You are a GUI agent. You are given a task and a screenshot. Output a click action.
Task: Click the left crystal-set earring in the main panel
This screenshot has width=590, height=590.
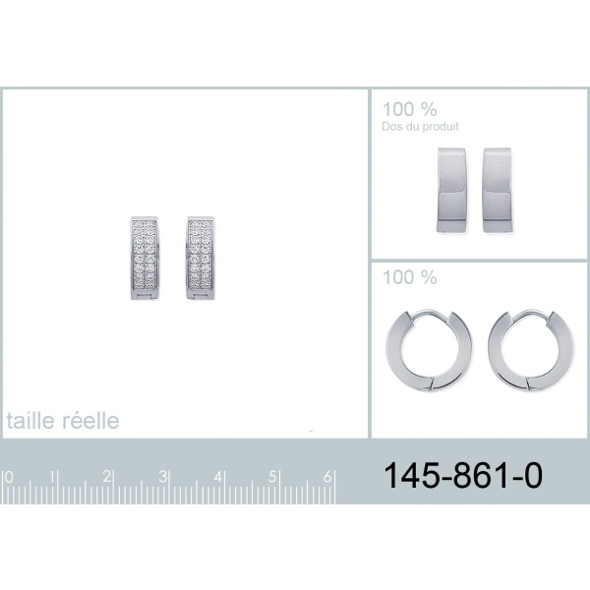(x=145, y=258)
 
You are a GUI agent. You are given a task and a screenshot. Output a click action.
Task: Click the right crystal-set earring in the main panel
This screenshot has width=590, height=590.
(x=201, y=258)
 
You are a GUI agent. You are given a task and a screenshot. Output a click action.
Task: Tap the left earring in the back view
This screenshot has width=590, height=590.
(x=451, y=190)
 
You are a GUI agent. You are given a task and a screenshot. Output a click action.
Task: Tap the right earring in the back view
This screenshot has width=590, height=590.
(x=498, y=190)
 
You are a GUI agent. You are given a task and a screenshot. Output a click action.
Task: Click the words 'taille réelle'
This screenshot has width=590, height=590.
(x=63, y=420)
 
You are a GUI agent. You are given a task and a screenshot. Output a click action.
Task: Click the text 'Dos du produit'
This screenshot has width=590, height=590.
(x=420, y=127)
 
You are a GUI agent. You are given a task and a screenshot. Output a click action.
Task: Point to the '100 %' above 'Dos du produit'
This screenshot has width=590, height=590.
(x=410, y=109)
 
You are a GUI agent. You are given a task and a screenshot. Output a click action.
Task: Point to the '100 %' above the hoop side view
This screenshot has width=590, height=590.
(x=410, y=277)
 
